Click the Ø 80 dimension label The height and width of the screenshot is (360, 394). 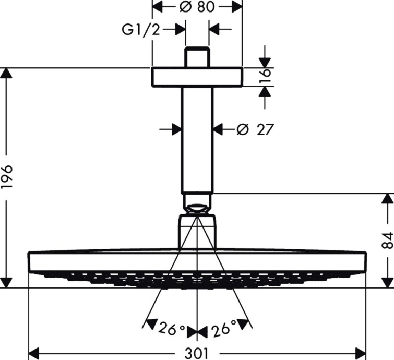click(x=197, y=7)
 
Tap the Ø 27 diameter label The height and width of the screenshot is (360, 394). click(x=255, y=129)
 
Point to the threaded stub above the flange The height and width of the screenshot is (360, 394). click(x=197, y=58)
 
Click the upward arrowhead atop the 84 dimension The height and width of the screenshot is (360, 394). click(x=386, y=199)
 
